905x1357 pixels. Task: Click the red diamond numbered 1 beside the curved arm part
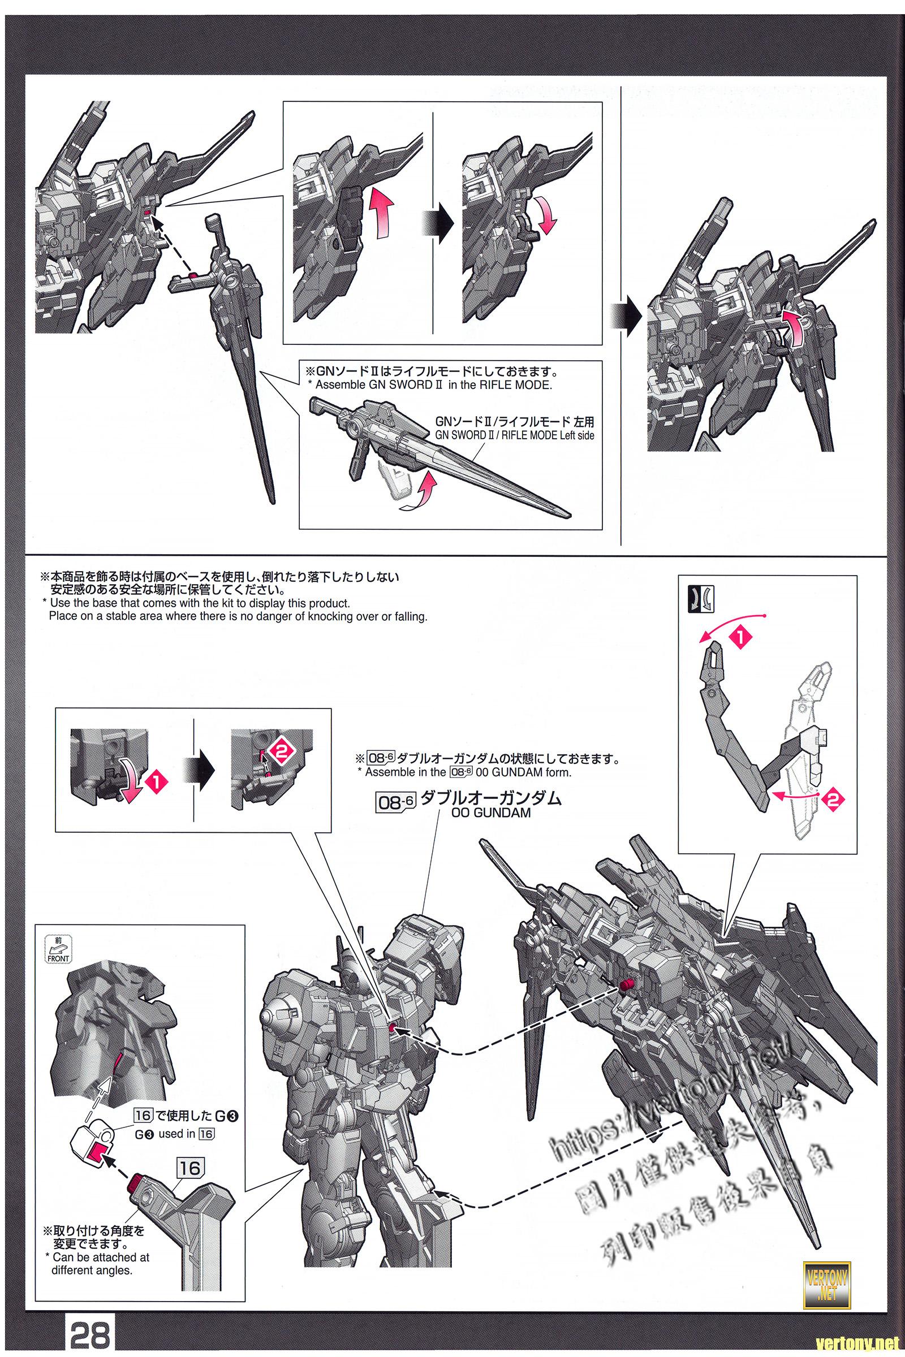pyautogui.click(x=738, y=638)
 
